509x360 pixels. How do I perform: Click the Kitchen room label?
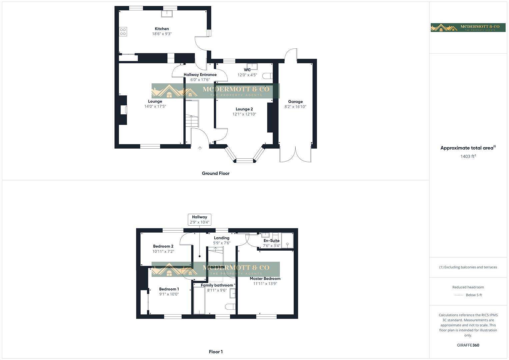click(162, 29)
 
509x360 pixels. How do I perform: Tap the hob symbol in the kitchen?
click(123, 32)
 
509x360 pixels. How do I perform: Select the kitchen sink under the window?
click(167, 14)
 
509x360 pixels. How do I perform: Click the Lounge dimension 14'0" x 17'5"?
click(155, 107)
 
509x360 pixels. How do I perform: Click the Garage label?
click(295, 102)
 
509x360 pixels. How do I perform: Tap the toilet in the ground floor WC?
click(267, 76)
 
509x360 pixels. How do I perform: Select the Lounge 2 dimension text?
click(244, 114)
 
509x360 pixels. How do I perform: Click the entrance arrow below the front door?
click(200, 148)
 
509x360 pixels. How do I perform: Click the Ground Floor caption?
click(216, 173)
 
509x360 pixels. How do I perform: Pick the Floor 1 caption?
click(216, 352)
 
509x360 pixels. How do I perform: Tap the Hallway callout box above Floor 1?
click(199, 219)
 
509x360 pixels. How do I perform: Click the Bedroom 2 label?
click(163, 246)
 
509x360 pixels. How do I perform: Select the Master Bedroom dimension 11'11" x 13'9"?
click(265, 284)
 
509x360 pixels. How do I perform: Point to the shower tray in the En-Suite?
click(287, 241)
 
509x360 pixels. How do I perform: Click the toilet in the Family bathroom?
click(230, 306)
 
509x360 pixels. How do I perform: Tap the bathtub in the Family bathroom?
click(199, 300)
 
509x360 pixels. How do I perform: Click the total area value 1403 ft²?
click(468, 156)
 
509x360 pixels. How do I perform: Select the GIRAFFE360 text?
click(468, 345)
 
